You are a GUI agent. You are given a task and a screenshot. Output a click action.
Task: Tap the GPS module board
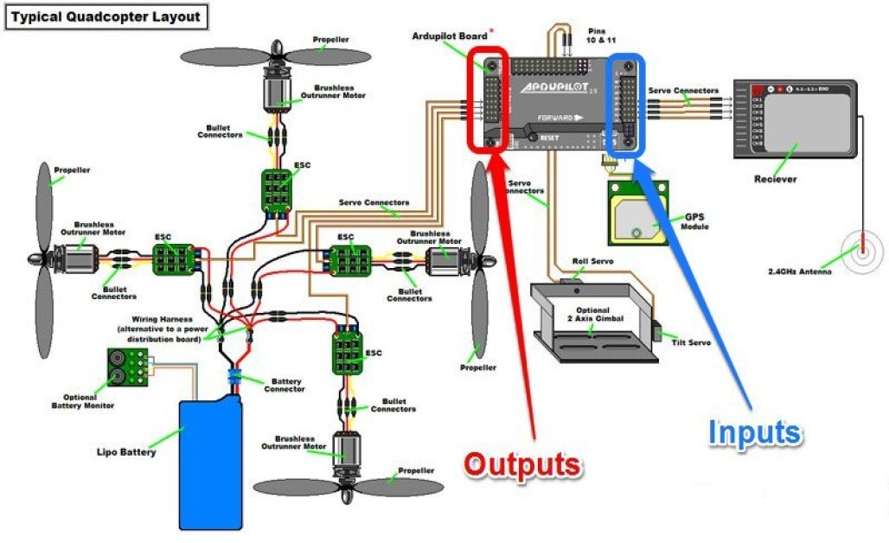point(636,213)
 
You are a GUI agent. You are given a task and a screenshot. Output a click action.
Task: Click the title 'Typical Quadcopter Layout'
point(106,16)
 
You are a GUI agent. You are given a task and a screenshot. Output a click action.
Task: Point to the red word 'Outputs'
point(522,464)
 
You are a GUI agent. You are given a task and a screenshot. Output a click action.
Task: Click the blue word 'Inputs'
point(755,431)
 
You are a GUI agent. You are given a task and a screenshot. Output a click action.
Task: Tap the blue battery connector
point(234,377)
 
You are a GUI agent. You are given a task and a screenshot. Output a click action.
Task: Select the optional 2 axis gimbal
point(592,324)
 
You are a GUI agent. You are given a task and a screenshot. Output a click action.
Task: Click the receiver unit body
point(795,118)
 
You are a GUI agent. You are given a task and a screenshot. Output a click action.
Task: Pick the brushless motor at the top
point(278,90)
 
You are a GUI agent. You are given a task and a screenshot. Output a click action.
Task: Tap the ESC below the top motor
point(279,191)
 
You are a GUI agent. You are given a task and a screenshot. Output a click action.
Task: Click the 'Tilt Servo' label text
point(691,342)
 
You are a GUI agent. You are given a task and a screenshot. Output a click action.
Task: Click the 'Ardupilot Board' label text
point(451,35)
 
